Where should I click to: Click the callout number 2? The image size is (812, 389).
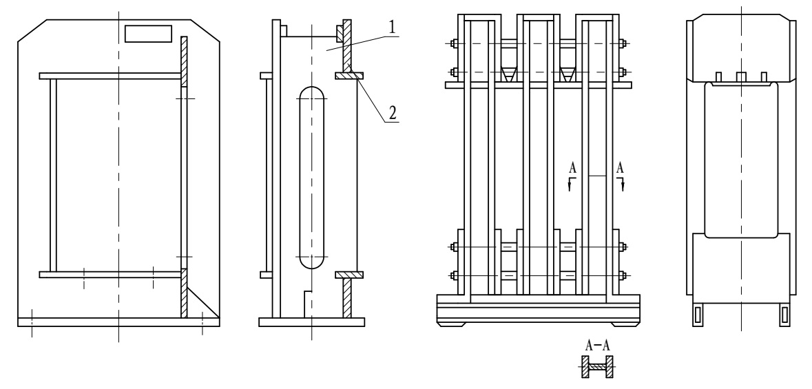[x=392, y=113]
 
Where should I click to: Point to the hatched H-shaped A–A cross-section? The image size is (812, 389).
[x=596, y=368]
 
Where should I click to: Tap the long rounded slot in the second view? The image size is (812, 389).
[x=312, y=178]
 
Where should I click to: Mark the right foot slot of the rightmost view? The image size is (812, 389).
[x=783, y=313]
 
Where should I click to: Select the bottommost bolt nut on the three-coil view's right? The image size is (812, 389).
[x=623, y=276]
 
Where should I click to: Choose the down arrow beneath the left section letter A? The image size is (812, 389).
[x=570, y=182]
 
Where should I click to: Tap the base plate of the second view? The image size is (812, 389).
[x=311, y=322]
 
